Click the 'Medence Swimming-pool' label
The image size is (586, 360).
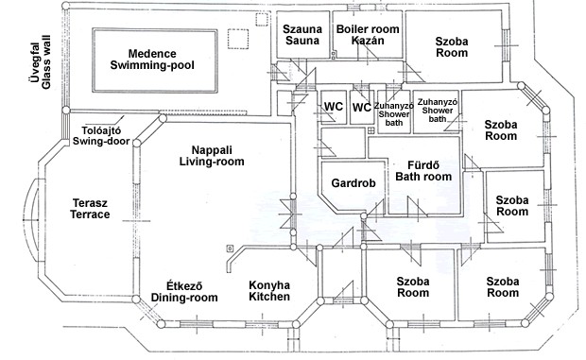(x=152, y=60)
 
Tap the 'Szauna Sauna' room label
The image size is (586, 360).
(x=302, y=35)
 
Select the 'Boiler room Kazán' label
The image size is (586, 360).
(x=368, y=35)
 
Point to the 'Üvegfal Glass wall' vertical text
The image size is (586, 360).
(x=39, y=62)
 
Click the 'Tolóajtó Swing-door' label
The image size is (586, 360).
(x=101, y=136)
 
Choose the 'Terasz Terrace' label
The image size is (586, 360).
(x=90, y=209)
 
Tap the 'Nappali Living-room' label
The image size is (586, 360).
(x=212, y=156)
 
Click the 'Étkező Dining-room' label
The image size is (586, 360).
(x=184, y=292)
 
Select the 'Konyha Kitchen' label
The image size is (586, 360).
(x=269, y=291)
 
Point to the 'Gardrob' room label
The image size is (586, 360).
(x=353, y=183)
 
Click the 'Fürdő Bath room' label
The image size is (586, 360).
(x=423, y=171)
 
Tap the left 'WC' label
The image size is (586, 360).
(x=334, y=107)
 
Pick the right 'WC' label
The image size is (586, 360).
(x=362, y=108)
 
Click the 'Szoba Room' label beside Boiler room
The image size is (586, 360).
(x=452, y=47)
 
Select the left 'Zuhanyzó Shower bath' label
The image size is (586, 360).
(x=394, y=114)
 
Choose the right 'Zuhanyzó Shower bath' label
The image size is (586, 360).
(x=438, y=111)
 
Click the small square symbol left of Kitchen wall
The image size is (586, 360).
(x=230, y=248)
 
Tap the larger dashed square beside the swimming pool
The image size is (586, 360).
(x=238, y=39)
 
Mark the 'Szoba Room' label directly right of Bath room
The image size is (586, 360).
(x=512, y=206)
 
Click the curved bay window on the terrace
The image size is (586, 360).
(x=33, y=219)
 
